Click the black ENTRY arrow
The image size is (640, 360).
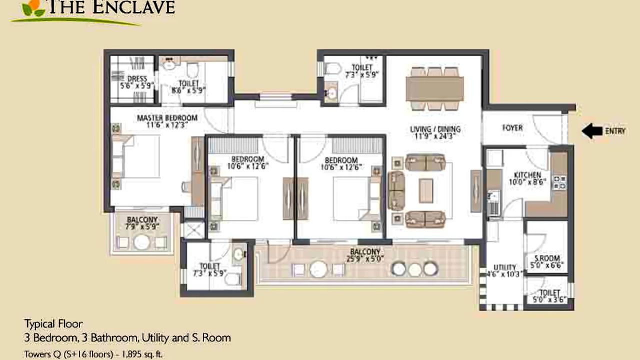[592, 131]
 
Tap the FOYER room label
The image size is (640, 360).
[512, 128]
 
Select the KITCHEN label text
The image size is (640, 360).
[527, 175]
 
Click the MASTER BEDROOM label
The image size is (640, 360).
[167, 118]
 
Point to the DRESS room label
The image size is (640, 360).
[136, 79]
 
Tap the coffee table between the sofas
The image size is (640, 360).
[426, 190]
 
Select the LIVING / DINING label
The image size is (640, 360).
[435, 129]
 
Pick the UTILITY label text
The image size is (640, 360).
[504, 267]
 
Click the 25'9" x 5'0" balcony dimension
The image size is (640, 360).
[364, 259]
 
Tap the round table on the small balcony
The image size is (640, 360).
[142, 242]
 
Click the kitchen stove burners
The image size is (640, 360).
[559, 182]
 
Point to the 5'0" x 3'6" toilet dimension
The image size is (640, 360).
[549, 300]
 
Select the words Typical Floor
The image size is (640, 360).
[53, 323]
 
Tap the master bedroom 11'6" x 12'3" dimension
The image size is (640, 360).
[167, 125]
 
